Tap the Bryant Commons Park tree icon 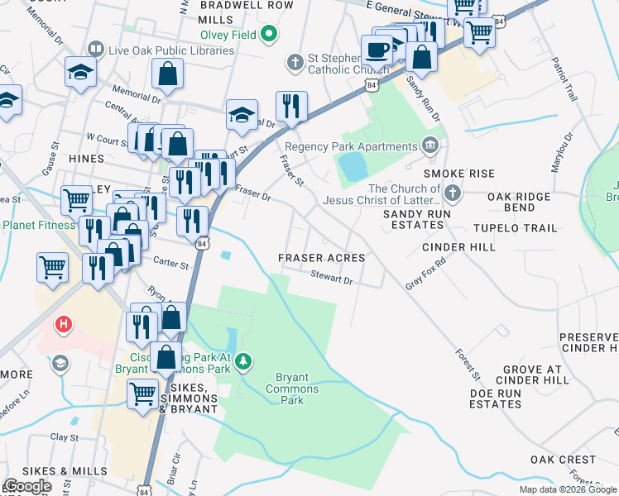pos(243,360)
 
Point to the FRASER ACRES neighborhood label pos(321,258)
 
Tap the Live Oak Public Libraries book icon pos(97,50)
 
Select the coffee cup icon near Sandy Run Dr pos(377,49)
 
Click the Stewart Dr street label pos(332,279)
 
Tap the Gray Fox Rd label pos(425,273)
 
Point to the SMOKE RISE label pos(458,174)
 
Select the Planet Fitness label pos(39,225)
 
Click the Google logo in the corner pos(27,486)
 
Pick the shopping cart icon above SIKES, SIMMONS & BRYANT pos(142,394)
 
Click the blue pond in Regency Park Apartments pos(352,167)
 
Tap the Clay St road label pos(63,437)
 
